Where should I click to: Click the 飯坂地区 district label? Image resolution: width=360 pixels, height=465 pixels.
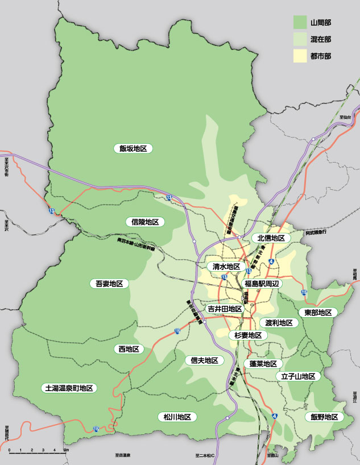tap(133, 148)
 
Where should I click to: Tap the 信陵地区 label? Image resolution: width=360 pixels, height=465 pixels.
tap(145, 222)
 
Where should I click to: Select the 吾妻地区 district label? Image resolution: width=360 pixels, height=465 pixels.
tap(110, 283)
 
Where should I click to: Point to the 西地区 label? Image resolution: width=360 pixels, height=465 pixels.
tap(129, 348)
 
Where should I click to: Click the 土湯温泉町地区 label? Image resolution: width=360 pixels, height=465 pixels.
tap(69, 388)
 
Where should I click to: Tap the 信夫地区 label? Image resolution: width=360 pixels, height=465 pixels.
tap(205, 360)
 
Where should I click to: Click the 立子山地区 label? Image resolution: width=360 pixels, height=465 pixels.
tap(299, 376)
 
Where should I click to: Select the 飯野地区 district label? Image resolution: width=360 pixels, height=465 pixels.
tap(324, 417)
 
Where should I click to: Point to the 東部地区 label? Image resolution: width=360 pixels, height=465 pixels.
tap(317, 313)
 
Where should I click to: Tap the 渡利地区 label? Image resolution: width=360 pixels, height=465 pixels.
tap(279, 322)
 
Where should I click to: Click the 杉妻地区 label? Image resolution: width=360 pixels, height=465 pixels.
tap(248, 335)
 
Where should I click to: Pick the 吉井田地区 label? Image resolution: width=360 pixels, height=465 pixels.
tap(224, 309)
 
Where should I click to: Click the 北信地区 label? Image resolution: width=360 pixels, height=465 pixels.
tap(271, 238)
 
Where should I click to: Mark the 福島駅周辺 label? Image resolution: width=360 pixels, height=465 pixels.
tap(262, 283)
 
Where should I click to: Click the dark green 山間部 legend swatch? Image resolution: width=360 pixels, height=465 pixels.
tap(300, 23)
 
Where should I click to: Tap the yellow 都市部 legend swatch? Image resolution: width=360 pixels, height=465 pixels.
tap(300, 56)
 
